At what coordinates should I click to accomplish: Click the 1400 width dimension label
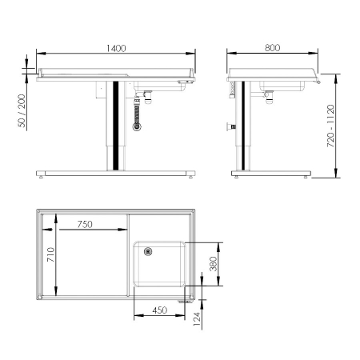pyautogui.click(x=116, y=48)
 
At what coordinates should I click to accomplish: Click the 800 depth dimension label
pyautogui.click(x=272, y=48)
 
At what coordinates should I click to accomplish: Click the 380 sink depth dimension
pyautogui.click(x=214, y=265)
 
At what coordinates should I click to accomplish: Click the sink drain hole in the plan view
pyautogui.click(x=147, y=251)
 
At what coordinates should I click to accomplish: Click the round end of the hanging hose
pyautogui.click(x=137, y=126)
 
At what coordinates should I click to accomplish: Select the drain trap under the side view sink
pyautogui.click(x=268, y=97)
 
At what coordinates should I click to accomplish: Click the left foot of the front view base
pyautogui.click(x=44, y=177)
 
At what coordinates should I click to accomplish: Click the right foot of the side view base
pyautogui.click(x=306, y=177)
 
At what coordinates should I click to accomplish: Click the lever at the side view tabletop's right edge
pyautogui.click(x=318, y=81)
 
